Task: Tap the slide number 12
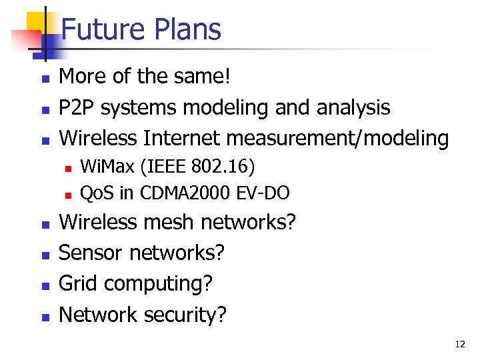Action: pyautogui.click(x=460, y=344)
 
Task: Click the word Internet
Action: pyautogui.click(x=181, y=138)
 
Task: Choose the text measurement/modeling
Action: pyautogui.click(x=337, y=138)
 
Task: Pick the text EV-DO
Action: pyautogui.click(x=263, y=193)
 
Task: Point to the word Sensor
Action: pyautogui.click(x=91, y=253)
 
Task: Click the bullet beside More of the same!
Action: pyautogui.click(x=45, y=79)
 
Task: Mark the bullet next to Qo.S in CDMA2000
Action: pyautogui.click(x=67, y=195)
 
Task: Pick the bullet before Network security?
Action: pyautogui.click(x=45, y=317)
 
